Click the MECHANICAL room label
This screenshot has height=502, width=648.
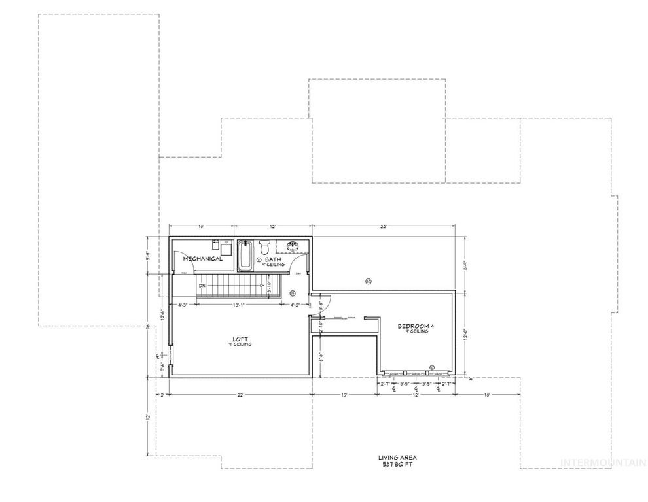point(202,259)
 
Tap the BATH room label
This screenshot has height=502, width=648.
point(272,259)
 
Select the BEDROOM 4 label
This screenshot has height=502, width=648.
point(415,326)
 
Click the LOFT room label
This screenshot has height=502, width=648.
point(240,339)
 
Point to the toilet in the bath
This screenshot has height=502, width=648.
point(264,248)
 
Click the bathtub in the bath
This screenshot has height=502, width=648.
point(245,256)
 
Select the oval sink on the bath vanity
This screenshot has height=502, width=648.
point(293,246)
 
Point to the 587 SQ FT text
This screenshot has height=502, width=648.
point(398,464)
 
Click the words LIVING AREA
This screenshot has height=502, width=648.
point(397,458)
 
